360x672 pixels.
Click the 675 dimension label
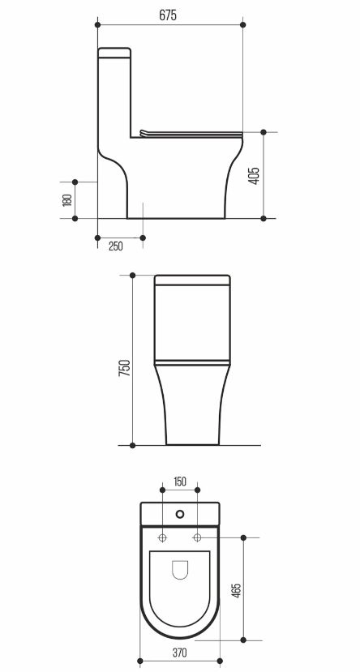pyautogui.click(x=168, y=15)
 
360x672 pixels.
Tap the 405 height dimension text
pyautogui.click(x=254, y=176)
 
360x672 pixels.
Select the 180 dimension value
pyautogui.click(x=66, y=200)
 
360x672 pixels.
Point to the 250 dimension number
pyautogui.click(x=116, y=246)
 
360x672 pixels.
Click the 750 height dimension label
pyautogui.click(x=124, y=368)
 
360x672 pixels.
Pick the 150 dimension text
pyautogui.click(x=180, y=482)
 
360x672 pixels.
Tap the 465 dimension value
pyautogui.click(x=236, y=591)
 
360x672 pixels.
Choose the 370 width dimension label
pyautogui.click(x=179, y=653)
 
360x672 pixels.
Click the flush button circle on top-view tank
pyautogui.click(x=181, y=513)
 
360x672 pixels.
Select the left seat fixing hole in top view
pyautogui.click(x=163, y=537)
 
